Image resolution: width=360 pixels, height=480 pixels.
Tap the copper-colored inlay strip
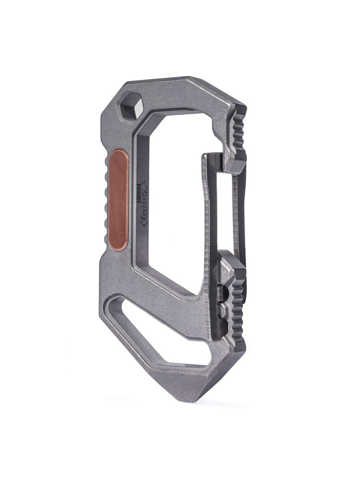click(x=119, y=198)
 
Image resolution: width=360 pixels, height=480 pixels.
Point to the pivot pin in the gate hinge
click(x=221, y=293)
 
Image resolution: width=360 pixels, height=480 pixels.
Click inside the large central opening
click(x=173, y=202)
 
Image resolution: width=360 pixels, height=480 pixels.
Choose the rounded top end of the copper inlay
click(x=119, y=154)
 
